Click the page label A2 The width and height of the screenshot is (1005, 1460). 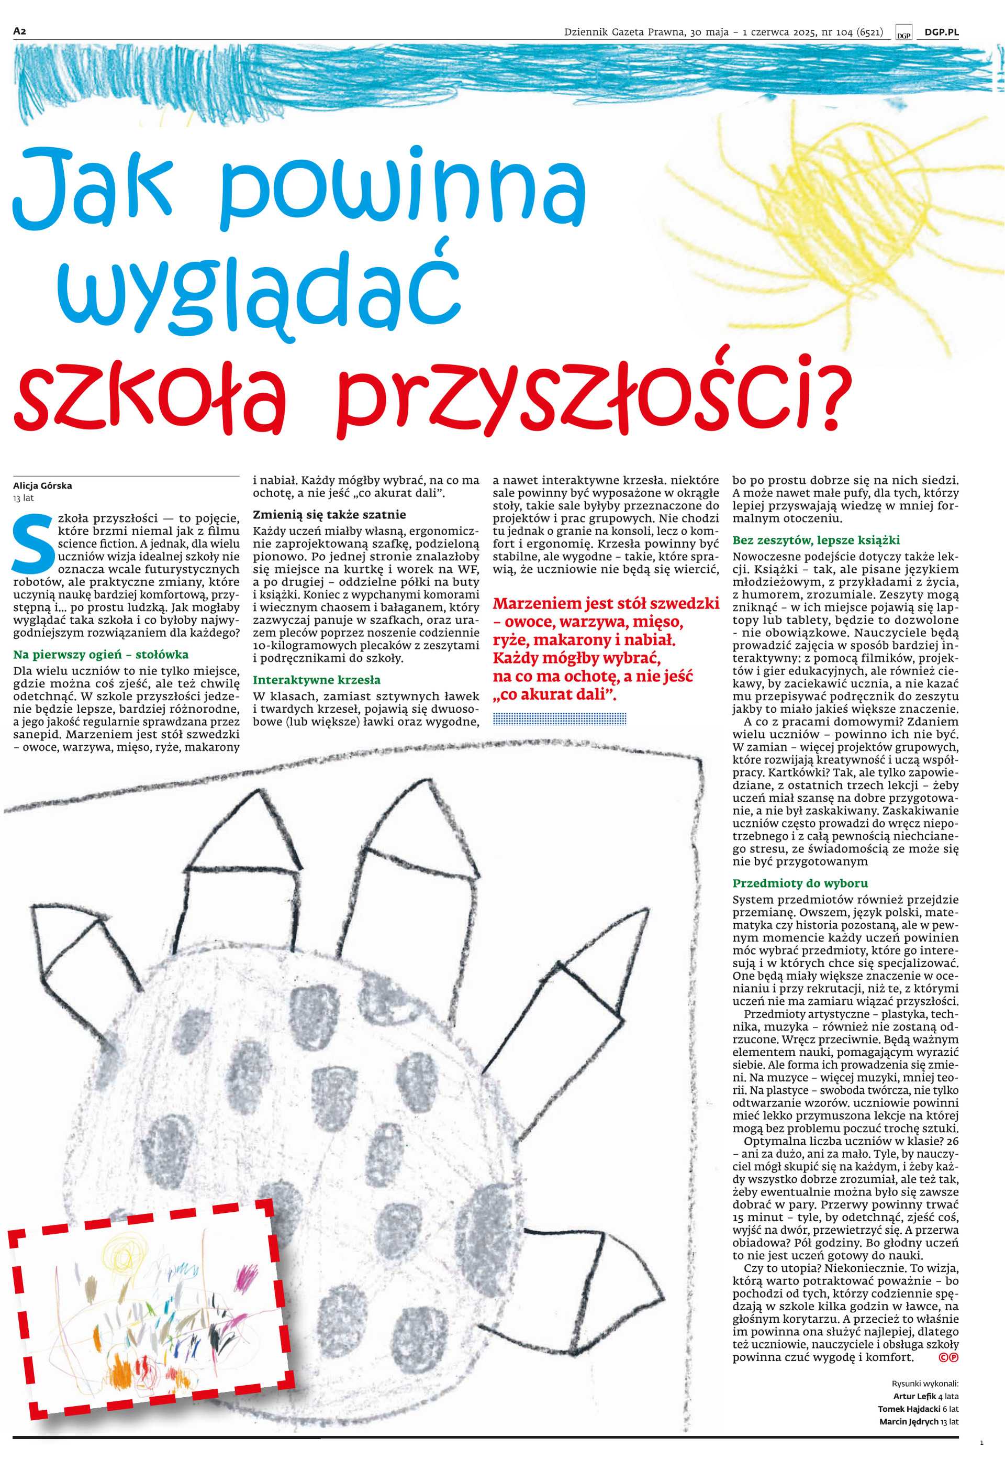click(x=19, y=31)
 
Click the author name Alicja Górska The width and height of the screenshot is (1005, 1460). click(x=42, y=485)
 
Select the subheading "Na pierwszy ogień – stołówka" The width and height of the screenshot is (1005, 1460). click(x=100, y=655)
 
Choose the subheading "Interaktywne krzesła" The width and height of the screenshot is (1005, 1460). click(x=317, y=680)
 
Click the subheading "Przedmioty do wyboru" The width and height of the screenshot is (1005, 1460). click(x=800, y=883)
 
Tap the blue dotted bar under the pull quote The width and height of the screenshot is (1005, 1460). click(x=560, y=718)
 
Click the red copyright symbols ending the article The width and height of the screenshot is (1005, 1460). click(x=948, y=1357)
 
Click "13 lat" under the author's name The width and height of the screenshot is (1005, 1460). click(x=24, y=498)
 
